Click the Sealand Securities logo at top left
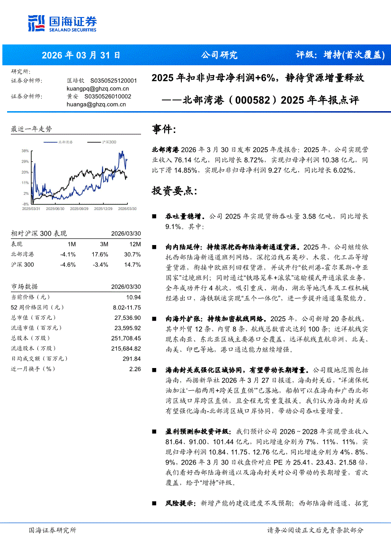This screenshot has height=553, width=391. pyautogui.click(x=62, y=23)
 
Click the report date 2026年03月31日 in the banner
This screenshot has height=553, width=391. pyautogui.click(x=81, y=55)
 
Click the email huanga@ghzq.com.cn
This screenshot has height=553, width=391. pyautogui.click(x=96, y=105)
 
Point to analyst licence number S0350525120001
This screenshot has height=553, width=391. pyautogui.click(x=114, y=81)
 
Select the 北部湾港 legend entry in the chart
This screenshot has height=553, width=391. pyautogui.click(x=65, y=142)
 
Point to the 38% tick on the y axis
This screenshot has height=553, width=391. pyautogui.click(x=25, y=151)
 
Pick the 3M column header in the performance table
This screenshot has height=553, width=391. pyautogui.click(x=104, y=244)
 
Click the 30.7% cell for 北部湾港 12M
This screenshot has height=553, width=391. pyautogui.click(x=133, y=254)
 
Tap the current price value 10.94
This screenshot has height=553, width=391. pyautogui.click(x=133, y=297)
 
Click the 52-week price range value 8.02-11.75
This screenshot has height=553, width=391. pyautogui.click(x=126, y=307)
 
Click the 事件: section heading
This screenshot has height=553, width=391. pyautogui.click(x=164, y=129)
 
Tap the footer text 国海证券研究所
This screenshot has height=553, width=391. pyautogui.click(x=53, y=530)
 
